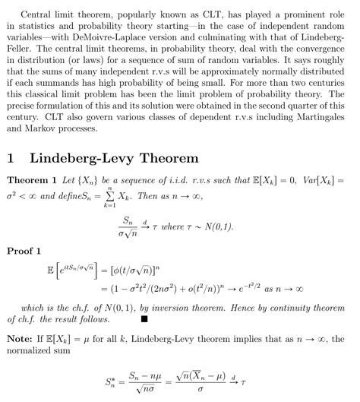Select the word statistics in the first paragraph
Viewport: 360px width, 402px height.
(36, 24)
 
